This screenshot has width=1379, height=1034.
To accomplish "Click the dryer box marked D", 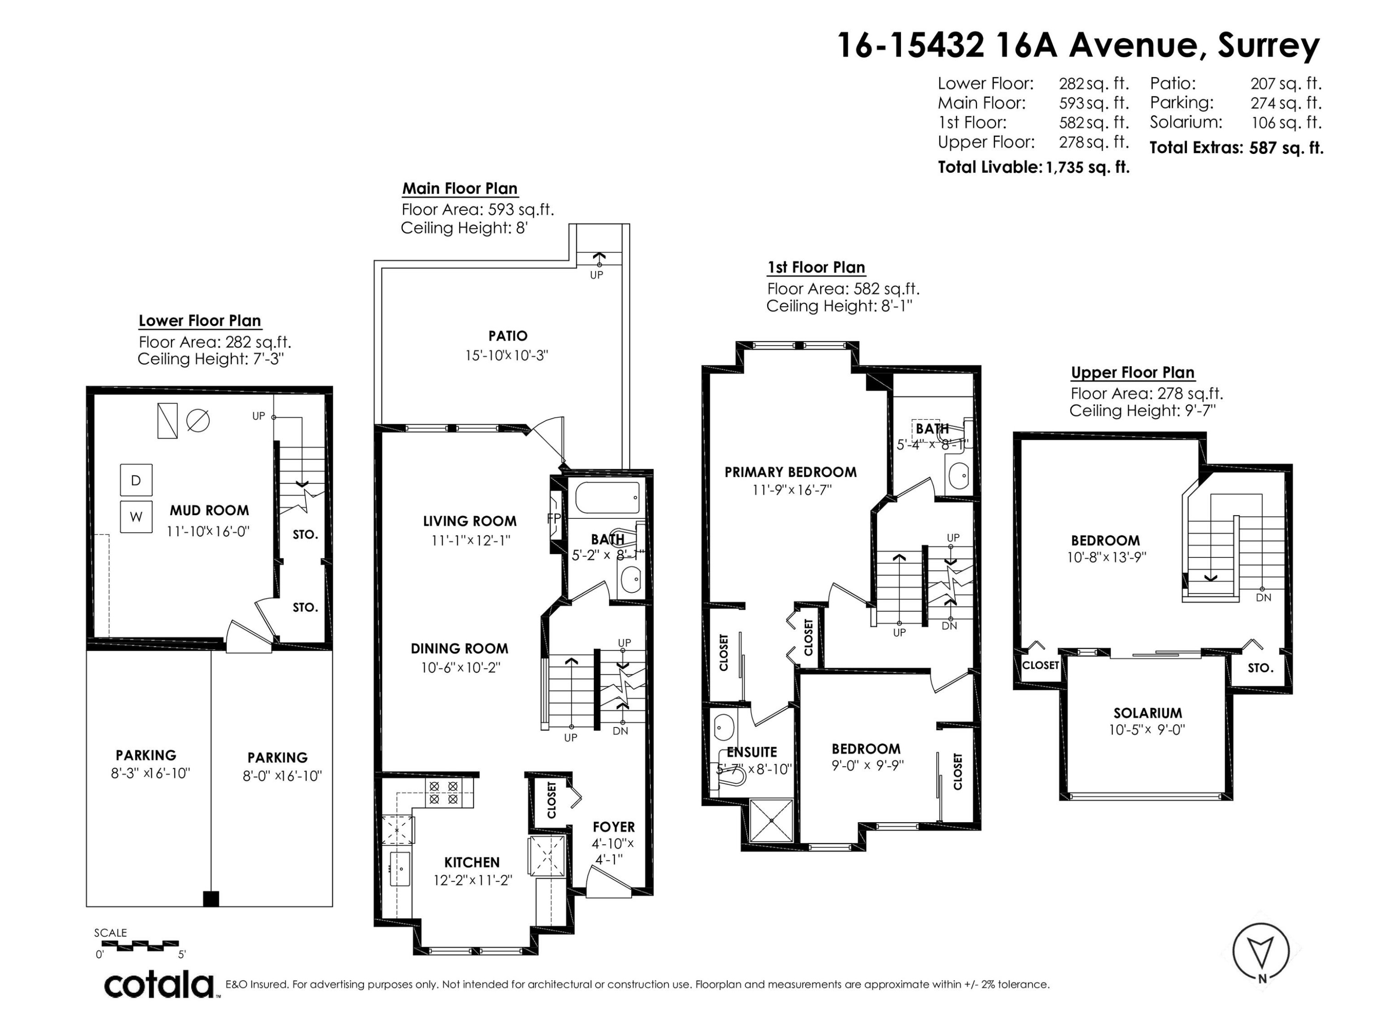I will (136, 480).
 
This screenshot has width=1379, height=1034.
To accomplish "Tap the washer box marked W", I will (136, 516).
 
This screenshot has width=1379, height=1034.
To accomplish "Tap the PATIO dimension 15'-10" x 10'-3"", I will (506, 355).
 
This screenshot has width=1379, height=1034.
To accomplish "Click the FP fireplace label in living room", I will (553, 518).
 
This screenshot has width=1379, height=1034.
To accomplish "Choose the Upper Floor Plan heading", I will (1132, 373).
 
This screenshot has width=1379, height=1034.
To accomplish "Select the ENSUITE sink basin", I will (723, 727).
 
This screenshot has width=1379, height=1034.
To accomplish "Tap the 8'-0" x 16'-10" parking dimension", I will (282, 776).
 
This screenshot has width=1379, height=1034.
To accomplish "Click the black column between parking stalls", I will (211, 899).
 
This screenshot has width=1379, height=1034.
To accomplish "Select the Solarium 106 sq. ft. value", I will (1286, 122).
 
